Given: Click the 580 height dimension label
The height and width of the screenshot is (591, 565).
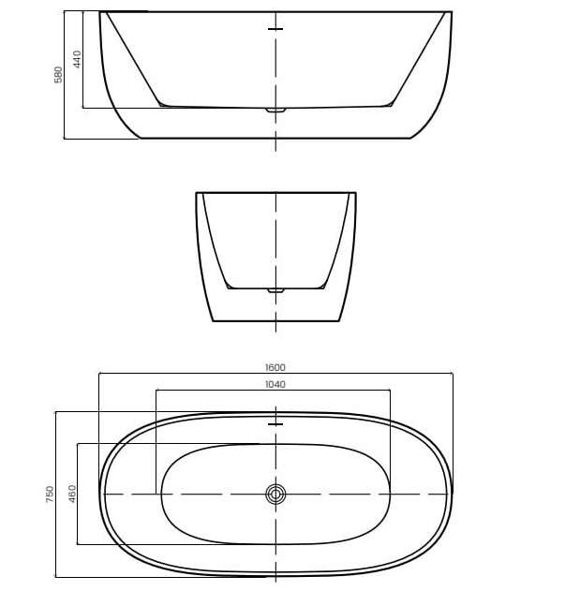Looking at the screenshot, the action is pyautogui.click(x=58, y=75).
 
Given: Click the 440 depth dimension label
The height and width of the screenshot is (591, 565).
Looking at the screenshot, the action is pyautogui.click(x=77, y=59).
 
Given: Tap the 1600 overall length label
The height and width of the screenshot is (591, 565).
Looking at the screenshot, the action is pyautogui.click(x=275, y=367).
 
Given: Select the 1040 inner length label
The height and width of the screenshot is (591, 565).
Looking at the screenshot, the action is pyautogui.click(x=275, y=384).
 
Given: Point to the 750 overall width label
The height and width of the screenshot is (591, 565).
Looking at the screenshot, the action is pyautogui.click(x=50, y=494).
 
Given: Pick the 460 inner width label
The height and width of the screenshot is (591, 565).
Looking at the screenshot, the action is pyautogui.click(x=72, y=494).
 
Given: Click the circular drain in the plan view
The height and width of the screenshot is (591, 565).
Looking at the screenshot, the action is pyautogui.click(x=275, y=495).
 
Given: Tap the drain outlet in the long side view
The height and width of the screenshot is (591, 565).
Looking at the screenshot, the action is pyautogui.click(x=275, y=111).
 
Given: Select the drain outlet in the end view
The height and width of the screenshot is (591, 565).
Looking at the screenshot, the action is pyautogui.click(x=275, y=290).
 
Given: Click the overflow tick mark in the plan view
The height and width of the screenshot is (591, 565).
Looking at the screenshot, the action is pyautogui.click(x=275, y=424).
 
